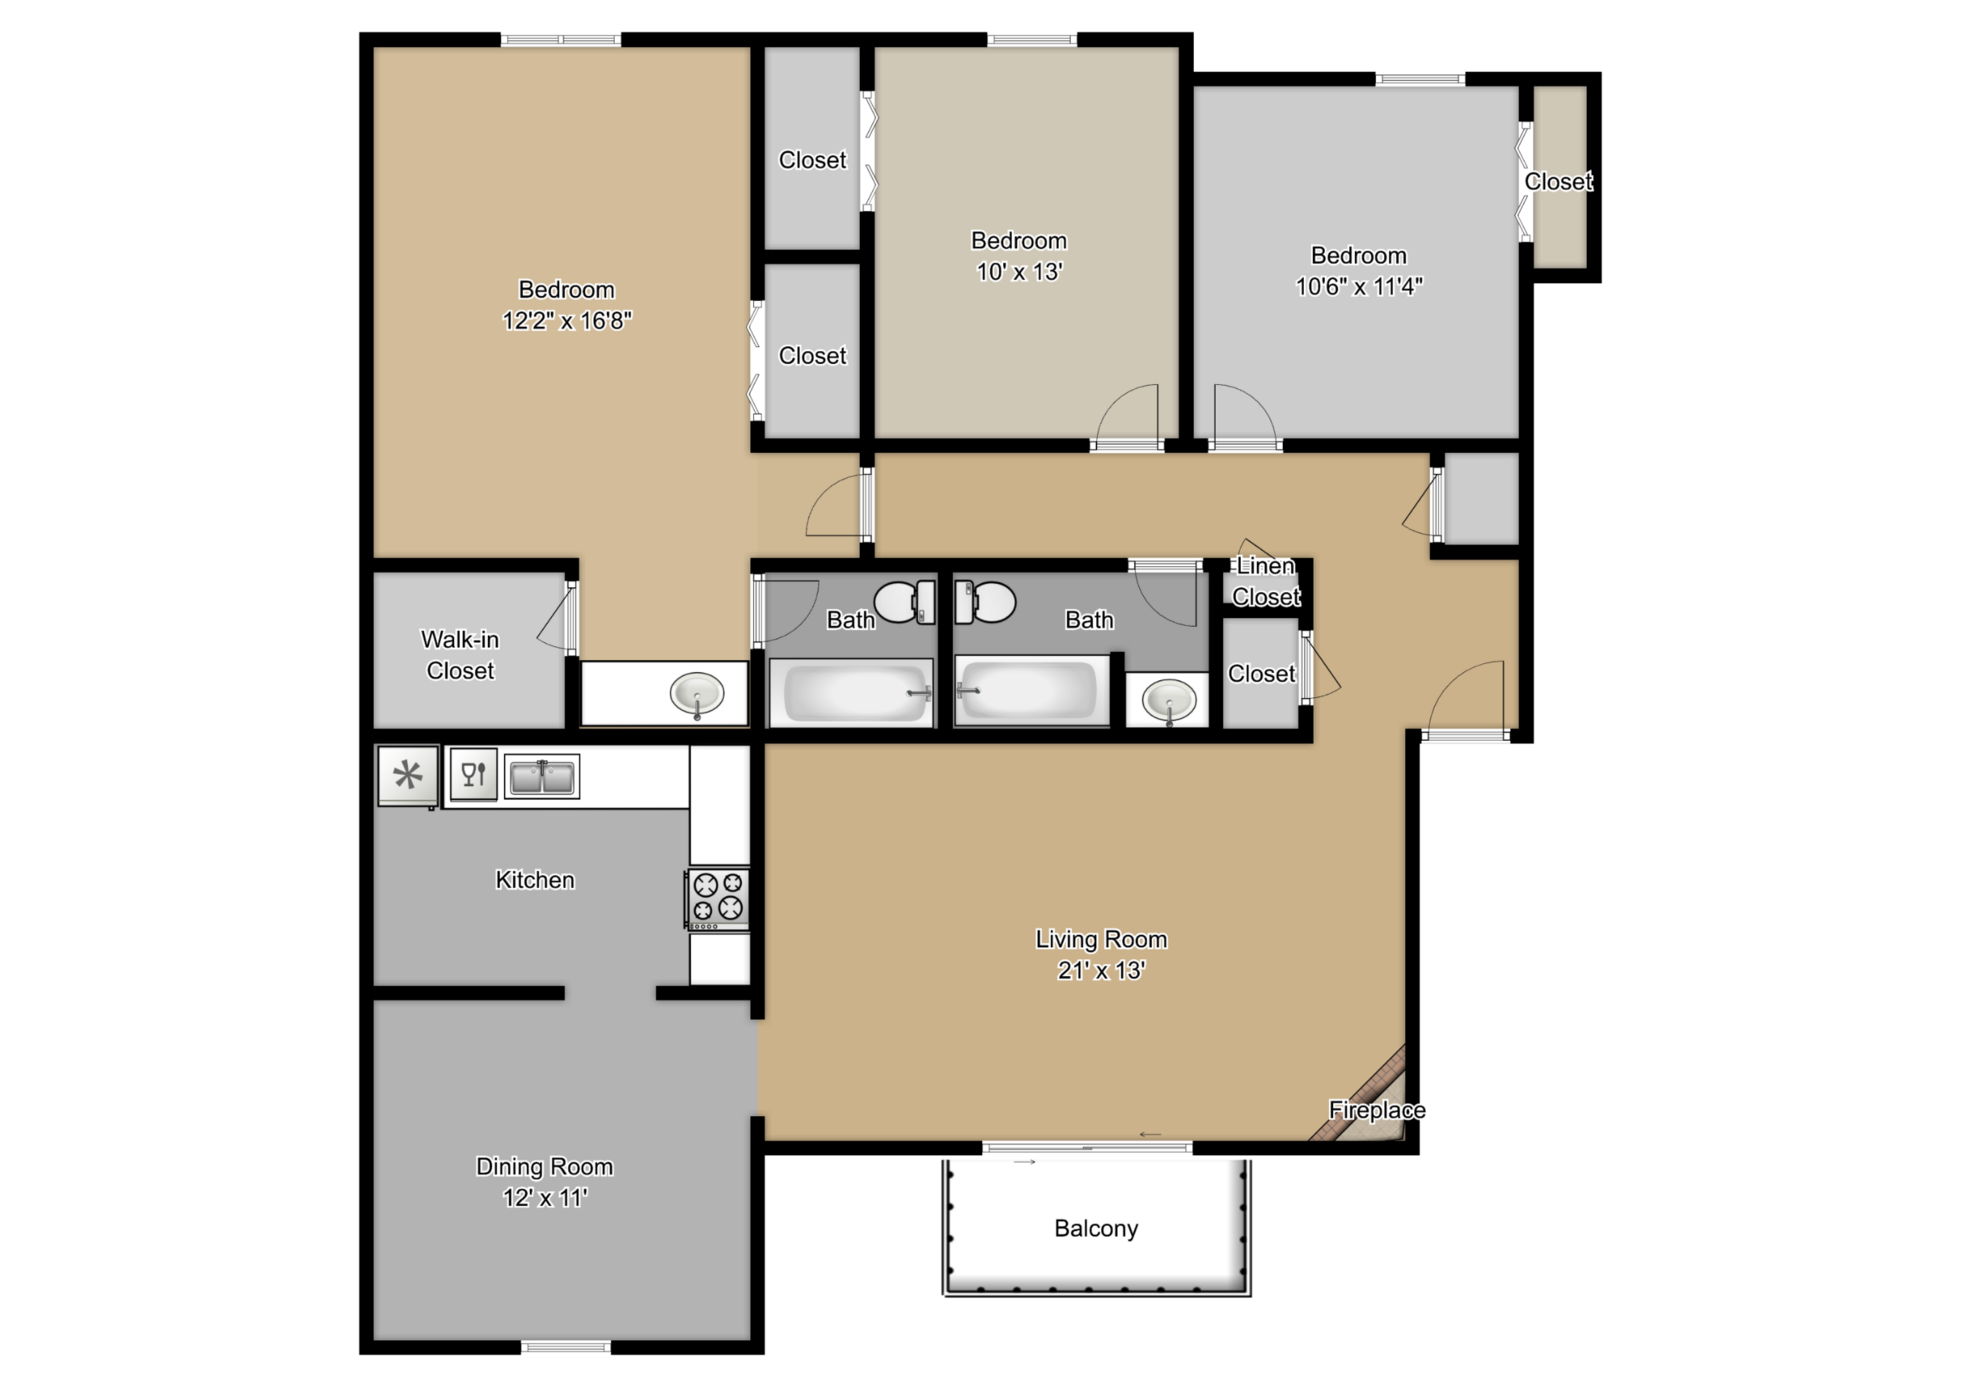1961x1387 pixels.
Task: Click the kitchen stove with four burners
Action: pyautogui.click(x=718, y=899)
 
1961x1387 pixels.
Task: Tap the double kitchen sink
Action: pyautogui.click(x=541, y=777)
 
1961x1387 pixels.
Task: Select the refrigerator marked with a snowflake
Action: pyautogui.click(x=408, y=775)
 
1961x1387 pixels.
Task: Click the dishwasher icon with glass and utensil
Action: pyautogui.click(x=473, y=774)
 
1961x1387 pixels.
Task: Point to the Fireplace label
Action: pyautogui.click(x=1377, y=1110)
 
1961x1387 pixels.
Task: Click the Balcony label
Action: pyautogui.click(x=1096, y=1228)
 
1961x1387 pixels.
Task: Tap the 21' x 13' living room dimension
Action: pyautogui.click(x=1101, y=970)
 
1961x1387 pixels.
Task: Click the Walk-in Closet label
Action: pyautogui.click(x=460, y=655)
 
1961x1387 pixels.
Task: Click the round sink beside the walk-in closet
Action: pyautogui.click(x=697, y=694)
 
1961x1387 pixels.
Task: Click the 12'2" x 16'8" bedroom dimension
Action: pyautogui.click(x=566, y=320)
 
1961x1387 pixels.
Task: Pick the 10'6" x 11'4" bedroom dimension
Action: pyautogui.click(x=1358, y=286)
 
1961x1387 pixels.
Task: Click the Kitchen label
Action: pyautogui.click(x=535, y=880)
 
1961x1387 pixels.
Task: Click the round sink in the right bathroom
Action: pyautogui.click(x=1168, y=700)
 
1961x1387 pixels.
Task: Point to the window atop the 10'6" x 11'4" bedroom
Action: pyautogui.click(x=1420, y=79)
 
